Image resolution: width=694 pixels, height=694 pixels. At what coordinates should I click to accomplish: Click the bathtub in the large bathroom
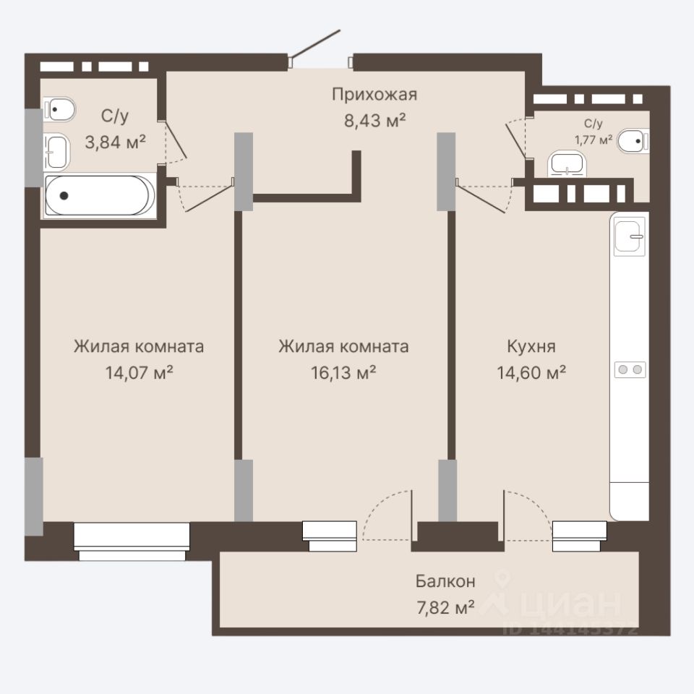pos(100,195)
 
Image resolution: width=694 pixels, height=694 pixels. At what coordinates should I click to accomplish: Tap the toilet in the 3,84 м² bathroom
pos(59,109)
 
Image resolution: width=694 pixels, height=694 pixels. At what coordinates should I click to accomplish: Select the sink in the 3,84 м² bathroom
pos(56,152)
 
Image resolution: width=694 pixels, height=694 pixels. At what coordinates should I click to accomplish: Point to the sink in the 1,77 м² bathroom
pos(567,163)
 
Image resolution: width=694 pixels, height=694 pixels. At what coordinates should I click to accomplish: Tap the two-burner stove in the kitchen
pos(630,369)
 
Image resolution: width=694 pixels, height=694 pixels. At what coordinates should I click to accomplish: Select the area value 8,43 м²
pos(375,121)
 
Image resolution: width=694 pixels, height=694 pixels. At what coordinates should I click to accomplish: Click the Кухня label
pos(531,346)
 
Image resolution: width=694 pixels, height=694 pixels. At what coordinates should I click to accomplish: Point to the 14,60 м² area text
pos(531,373)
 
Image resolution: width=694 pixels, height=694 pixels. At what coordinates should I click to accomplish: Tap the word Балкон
pos(445,581)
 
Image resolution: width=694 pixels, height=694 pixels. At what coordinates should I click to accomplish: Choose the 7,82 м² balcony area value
pos(445,607)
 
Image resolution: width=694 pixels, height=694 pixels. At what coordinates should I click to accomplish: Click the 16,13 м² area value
pos(343,373)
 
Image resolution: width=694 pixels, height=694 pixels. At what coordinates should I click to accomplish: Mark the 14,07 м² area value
pos(139,373)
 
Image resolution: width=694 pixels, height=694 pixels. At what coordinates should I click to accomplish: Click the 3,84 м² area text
pos(115,142)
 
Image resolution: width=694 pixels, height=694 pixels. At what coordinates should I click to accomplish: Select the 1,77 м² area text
pos(593,140)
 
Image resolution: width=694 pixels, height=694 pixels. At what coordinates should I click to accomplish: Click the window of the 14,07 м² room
pos(132,541)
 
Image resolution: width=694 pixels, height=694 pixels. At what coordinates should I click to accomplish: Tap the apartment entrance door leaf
pos(314,44)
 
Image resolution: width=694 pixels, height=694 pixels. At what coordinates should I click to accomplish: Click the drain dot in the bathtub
pos(64,195)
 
